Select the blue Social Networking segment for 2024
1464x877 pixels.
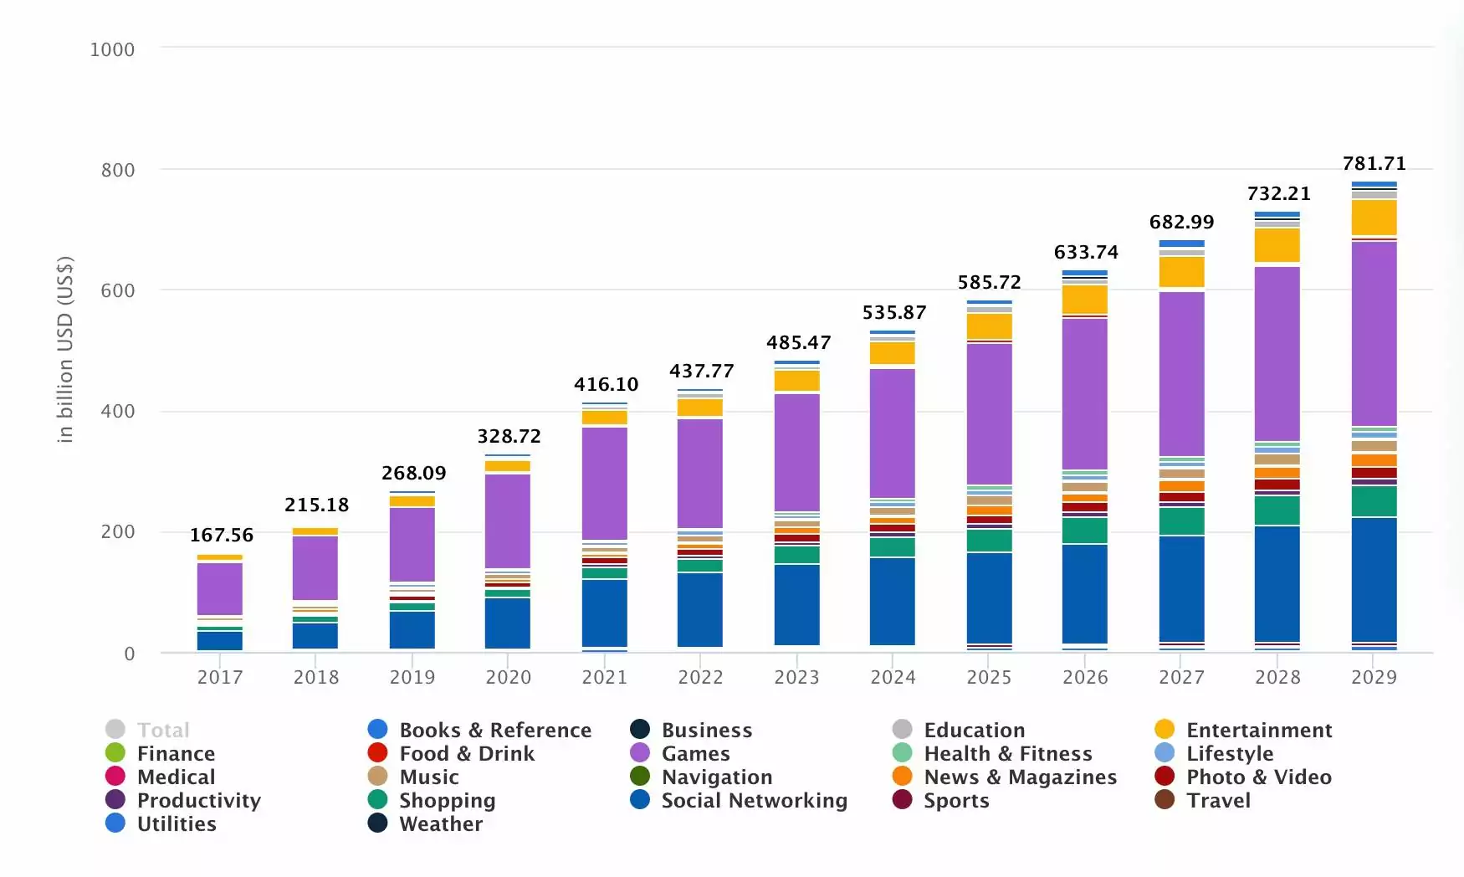click(892, 600)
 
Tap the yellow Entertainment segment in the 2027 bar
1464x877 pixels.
click(1181, 272)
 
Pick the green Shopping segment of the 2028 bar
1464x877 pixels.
click(1277, 510)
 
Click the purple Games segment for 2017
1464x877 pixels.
click(219, 588)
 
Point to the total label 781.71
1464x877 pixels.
click(1374, 163)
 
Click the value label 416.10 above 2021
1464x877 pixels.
click(606, 384)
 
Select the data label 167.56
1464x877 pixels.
click(222, 535)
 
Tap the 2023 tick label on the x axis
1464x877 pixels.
click(796, 677)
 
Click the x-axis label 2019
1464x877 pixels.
click(412, 677)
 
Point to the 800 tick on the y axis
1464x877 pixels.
click(118, 170)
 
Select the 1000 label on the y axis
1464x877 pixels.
click(112, 49)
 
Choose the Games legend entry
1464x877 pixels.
click(695, 753)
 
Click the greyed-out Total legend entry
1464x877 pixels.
click(163, 730)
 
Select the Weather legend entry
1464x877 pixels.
click(441, 823)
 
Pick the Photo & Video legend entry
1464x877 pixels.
click(1258, 777)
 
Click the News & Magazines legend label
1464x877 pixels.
click(1020, 777)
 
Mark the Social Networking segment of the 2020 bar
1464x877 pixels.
click(508, 623)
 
